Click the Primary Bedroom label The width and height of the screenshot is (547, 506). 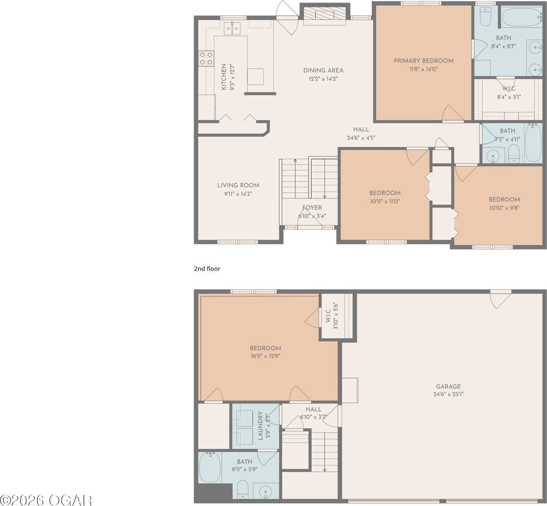coord(423,61)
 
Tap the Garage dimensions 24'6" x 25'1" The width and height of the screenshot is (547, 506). coord(448,394)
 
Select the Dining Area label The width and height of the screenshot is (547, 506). coord(323,70)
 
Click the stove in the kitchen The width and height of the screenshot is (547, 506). coord(206,59)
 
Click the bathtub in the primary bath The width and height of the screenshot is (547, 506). coord(521,16)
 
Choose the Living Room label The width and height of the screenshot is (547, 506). coord(238,185)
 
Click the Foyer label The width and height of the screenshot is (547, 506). coord(312,207)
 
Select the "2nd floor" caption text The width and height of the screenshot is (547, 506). coord(207,269)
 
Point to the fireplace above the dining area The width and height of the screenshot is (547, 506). coord(325,15)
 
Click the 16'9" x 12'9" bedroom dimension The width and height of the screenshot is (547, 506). coord(265,356)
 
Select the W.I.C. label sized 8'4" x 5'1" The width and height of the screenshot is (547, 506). coord(509,89)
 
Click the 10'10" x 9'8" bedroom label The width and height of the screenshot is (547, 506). coord(504,199)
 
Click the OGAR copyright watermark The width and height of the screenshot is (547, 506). coord(46,500)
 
